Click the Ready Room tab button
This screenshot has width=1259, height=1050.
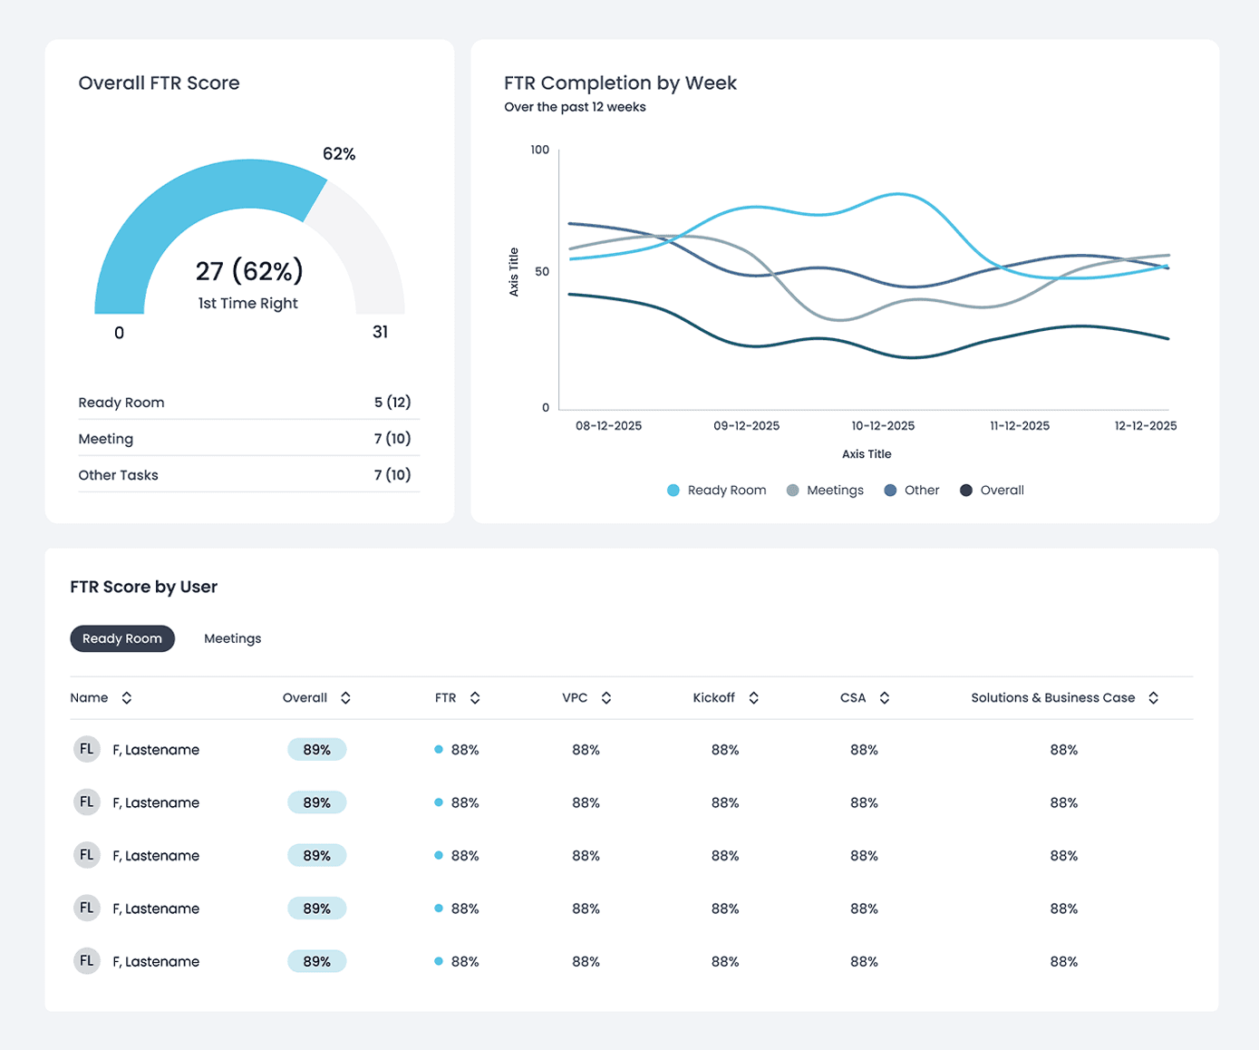tap(122, 638)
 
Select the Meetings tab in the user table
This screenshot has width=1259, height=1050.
tap(232, 638)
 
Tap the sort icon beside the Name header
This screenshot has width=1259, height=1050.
tap(127, 697)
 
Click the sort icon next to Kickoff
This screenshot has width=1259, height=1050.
tap(753, 697)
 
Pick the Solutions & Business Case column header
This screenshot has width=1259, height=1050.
tap(1052, 697)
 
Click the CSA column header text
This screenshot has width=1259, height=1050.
tap(853, 697)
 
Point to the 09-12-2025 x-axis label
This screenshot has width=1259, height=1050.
tap(746, 425)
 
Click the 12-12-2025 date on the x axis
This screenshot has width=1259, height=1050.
tap(1145, 425)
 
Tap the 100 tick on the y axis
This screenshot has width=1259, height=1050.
tap(539, 150)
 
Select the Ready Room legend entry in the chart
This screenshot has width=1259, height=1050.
tap(717, 490)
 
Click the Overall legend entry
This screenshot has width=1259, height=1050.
tap(993, 490)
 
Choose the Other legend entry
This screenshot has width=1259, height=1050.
tap(912, 490)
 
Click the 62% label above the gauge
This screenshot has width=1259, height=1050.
tap(339, 154)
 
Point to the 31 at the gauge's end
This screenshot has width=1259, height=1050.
tap(381, 332)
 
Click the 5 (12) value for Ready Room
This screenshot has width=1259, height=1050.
tap(392, 402)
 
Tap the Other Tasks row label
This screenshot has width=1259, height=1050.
tap(118, 475)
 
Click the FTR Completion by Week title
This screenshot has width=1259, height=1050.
tap(620, 83)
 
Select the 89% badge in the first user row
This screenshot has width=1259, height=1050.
tap(316, 750)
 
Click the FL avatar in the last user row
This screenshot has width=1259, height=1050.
tap(87, 961)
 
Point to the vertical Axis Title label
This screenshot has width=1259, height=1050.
tap(514, 272)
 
